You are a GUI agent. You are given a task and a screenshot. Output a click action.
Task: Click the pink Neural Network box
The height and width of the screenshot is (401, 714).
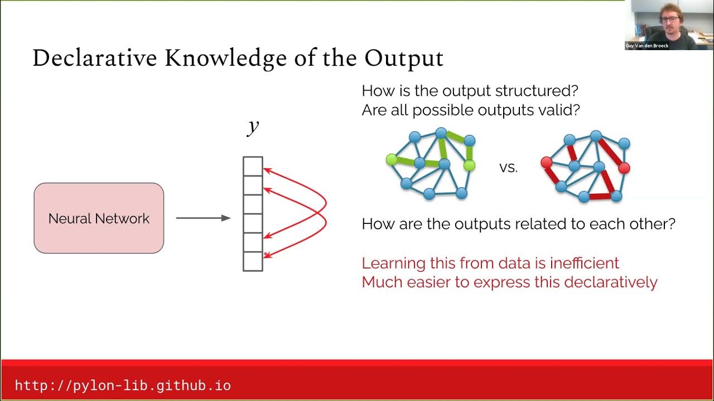tap(99, 218)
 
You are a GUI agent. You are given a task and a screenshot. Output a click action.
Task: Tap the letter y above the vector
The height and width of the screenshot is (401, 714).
tap(253, 126)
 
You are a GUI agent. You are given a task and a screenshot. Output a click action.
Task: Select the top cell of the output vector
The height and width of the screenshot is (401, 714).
tap(253, 166)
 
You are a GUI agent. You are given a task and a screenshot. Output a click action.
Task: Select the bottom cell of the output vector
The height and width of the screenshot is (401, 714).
tap(253, 261)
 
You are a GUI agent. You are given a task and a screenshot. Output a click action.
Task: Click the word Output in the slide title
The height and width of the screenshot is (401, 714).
tap(404, 58)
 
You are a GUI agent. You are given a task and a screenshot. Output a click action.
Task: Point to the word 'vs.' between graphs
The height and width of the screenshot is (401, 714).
tap(508, 168)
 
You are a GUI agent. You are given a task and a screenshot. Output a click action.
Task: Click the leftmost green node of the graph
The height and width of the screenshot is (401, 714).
tap(391, 160)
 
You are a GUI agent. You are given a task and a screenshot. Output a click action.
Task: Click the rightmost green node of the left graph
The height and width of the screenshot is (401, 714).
tap(469, 165)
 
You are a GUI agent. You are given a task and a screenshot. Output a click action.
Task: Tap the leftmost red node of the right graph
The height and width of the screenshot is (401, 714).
tap(546, 163)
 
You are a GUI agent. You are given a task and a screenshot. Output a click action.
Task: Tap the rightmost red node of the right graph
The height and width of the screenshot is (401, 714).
tap(624, 168)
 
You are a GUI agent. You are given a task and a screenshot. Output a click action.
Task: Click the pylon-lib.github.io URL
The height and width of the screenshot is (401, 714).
tap(123, 385)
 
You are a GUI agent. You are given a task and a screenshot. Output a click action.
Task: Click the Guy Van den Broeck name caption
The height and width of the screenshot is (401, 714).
tap(647, 46)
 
